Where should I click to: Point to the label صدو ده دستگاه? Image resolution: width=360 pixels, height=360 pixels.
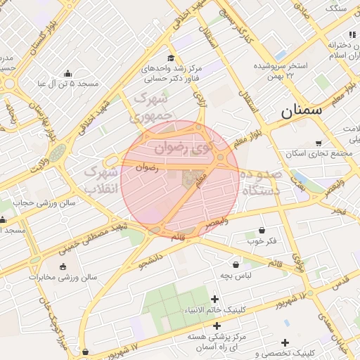(x=260, y=181)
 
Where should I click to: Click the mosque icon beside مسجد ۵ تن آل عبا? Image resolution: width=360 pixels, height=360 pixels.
(x=67, y=73)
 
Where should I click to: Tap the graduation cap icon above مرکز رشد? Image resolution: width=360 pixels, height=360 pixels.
(x=171, y=58)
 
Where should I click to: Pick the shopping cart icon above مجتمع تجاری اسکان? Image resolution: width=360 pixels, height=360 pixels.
(x=319, y=143)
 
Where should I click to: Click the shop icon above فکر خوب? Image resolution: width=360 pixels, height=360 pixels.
(x=262, y=230)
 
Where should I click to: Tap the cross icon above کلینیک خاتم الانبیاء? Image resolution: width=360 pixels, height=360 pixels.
(x=214, y=300)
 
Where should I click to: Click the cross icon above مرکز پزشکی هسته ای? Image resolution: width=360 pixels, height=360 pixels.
(x=217, y=326)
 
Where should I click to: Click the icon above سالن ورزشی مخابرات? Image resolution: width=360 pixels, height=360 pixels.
(x=65, y=266)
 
